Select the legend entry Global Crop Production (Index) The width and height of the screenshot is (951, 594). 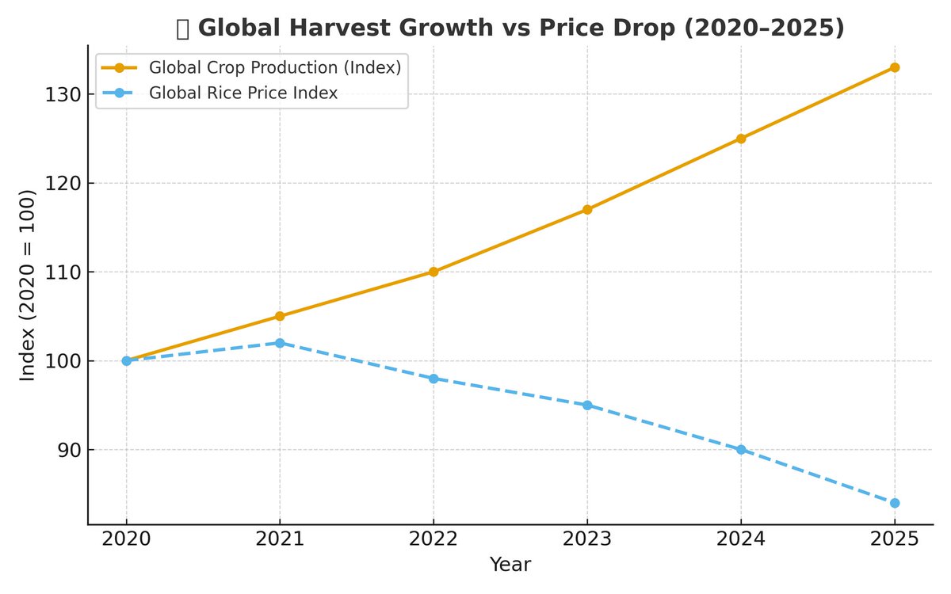(274, 67)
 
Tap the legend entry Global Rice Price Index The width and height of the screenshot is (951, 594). (243, 93)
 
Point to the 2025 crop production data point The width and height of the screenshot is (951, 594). (895, 67)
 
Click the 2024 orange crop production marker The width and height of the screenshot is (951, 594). (741, 139)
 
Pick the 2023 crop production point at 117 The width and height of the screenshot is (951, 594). (587, 210)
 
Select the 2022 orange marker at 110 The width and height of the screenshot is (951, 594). (433, 272)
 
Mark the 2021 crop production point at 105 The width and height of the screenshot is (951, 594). (280, 316)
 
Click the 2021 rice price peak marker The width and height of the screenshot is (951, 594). (280, 343)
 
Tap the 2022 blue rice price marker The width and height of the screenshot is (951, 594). (433, 379)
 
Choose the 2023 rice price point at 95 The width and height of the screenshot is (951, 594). (587, 405)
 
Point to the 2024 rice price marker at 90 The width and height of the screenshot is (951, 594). (741, 449)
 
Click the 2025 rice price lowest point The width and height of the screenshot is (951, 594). (895, 503)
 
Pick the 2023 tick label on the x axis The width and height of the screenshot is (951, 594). (587, 539)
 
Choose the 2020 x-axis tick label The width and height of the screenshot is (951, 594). (126, 539)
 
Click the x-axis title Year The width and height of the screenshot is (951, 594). (510, 565)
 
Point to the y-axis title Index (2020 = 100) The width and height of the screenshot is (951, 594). (28, 285)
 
